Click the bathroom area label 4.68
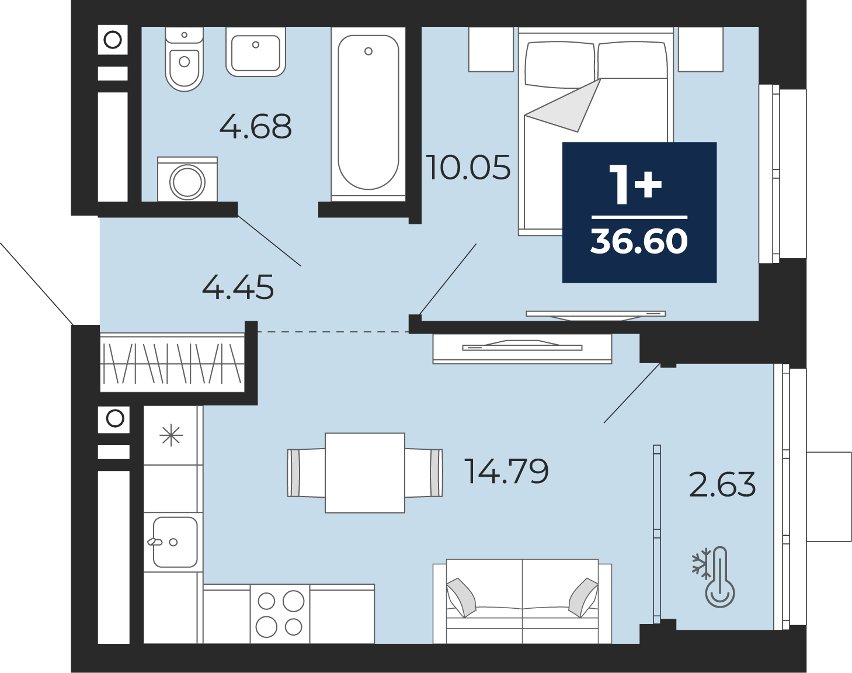tap(255, 126)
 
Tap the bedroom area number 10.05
tap(468, 167)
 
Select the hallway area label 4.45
tap(238, 287)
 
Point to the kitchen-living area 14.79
tap(506, 471)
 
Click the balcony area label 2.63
tap(722, 484)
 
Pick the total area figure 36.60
tap(639, 241)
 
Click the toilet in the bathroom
tap(184, 59)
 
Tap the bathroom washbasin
tap(256, 51)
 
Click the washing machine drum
tap(187, 182)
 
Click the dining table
tap(364, 473)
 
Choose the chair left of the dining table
tap(306, 473)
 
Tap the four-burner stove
tap(280, 614)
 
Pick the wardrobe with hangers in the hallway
tap(172, 362)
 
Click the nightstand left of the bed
tap(491, 49)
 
